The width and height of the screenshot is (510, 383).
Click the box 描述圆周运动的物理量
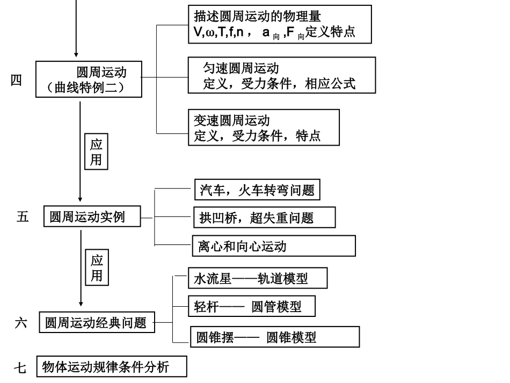[280, 24]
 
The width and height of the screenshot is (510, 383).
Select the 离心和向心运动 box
[273, 246]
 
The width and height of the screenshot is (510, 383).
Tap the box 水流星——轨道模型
[251, 279]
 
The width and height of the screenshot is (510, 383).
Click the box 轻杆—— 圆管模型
[251, 307]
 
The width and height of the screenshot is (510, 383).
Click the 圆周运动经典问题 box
[97, 323]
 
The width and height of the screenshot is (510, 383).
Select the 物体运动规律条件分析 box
[112, 367]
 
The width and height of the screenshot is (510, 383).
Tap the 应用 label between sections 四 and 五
[96, 153]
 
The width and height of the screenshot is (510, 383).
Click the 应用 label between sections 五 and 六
[96, 269]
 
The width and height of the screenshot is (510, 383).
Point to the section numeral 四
[17, 81]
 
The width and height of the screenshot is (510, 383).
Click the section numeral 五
[23, 218]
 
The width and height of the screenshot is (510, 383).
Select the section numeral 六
[21, 323]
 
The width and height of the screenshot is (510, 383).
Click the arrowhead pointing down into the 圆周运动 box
[76, 54]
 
